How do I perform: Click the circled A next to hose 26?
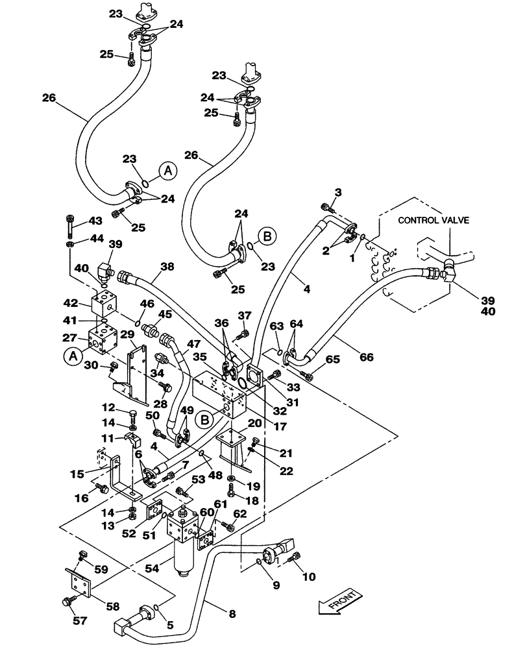[x=167, y=171]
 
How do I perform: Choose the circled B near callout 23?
[x=266, y=234]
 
